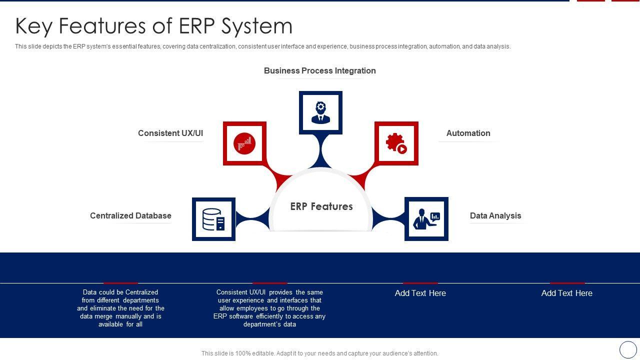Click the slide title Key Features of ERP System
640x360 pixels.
tap(153, 26)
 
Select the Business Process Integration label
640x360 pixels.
tap(319, 71)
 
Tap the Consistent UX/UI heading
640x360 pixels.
tap(170, 133)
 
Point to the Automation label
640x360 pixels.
tap(468, 133)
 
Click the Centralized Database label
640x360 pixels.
tap(130, 215)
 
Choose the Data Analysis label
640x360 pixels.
tap(495, 215)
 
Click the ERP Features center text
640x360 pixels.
tap(321, 206)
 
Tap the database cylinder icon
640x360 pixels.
tap(213, 219)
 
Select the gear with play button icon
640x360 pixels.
tap(396, 143)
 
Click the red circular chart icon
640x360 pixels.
tap(244, 143)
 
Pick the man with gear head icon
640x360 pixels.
tap(320, 112)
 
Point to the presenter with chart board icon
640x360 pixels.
tap(426, 219)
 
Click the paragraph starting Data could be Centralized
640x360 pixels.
tap(120, 308)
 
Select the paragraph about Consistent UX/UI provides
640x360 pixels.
tap(269, 308)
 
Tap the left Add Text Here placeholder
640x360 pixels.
tap(420, 293)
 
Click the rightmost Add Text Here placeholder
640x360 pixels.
tap(566, 293)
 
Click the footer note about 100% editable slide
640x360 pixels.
tap(319, 353)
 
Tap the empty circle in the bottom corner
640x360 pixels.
tap(628, 349)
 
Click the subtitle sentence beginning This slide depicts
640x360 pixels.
tap(262, 46)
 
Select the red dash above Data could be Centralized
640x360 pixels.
tap(120, 283)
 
